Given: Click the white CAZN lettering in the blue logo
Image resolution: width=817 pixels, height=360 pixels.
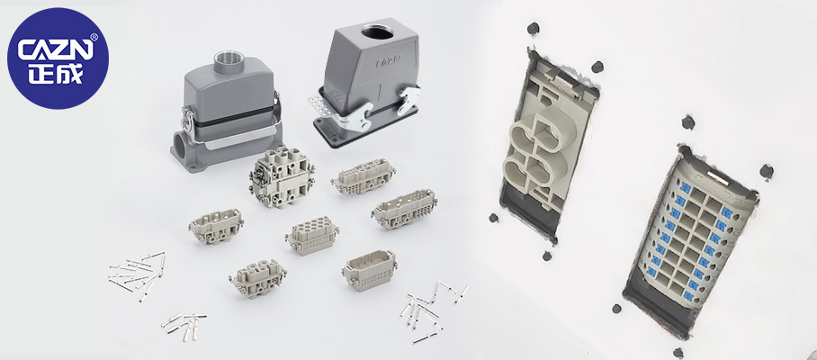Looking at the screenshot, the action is [57, 50].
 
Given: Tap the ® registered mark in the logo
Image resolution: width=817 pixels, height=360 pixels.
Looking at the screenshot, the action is [94, 37].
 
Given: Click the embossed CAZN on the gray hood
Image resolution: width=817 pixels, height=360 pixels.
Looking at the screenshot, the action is [388, 62].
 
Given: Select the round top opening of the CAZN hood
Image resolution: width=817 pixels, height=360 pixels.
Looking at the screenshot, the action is [378, 32].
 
